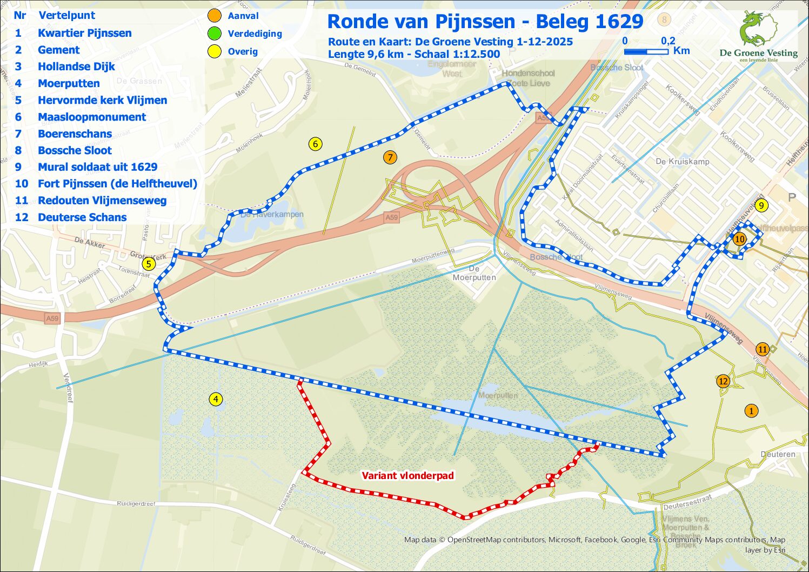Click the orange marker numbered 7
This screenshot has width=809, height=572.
[390, 157]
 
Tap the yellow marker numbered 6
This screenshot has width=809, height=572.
[315, 144]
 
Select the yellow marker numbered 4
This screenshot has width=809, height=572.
[216, 400]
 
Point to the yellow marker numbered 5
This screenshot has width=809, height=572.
[148, 264]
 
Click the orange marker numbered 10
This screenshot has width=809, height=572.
[739, 239]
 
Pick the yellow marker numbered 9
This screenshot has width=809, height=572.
[761, 205]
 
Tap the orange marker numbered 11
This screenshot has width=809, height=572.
[762, 349]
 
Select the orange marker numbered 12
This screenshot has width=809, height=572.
[723, 381]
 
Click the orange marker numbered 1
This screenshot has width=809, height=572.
[751, 411]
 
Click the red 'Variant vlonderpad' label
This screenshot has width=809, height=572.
[407, 476]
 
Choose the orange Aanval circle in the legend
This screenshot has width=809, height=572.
[215, 16]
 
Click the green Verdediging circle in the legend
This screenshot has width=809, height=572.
[215, 34]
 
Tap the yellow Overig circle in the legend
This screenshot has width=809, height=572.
[215, 51]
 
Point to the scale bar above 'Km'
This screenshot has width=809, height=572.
[646, 52]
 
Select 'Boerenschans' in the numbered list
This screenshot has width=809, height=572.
[75, 134]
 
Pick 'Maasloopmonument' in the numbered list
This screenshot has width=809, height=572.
[91, 117]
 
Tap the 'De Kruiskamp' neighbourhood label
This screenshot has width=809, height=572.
[682, 161]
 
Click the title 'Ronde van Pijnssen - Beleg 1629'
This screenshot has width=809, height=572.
[485, 22]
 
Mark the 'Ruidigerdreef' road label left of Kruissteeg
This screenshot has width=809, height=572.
[136, 503]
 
